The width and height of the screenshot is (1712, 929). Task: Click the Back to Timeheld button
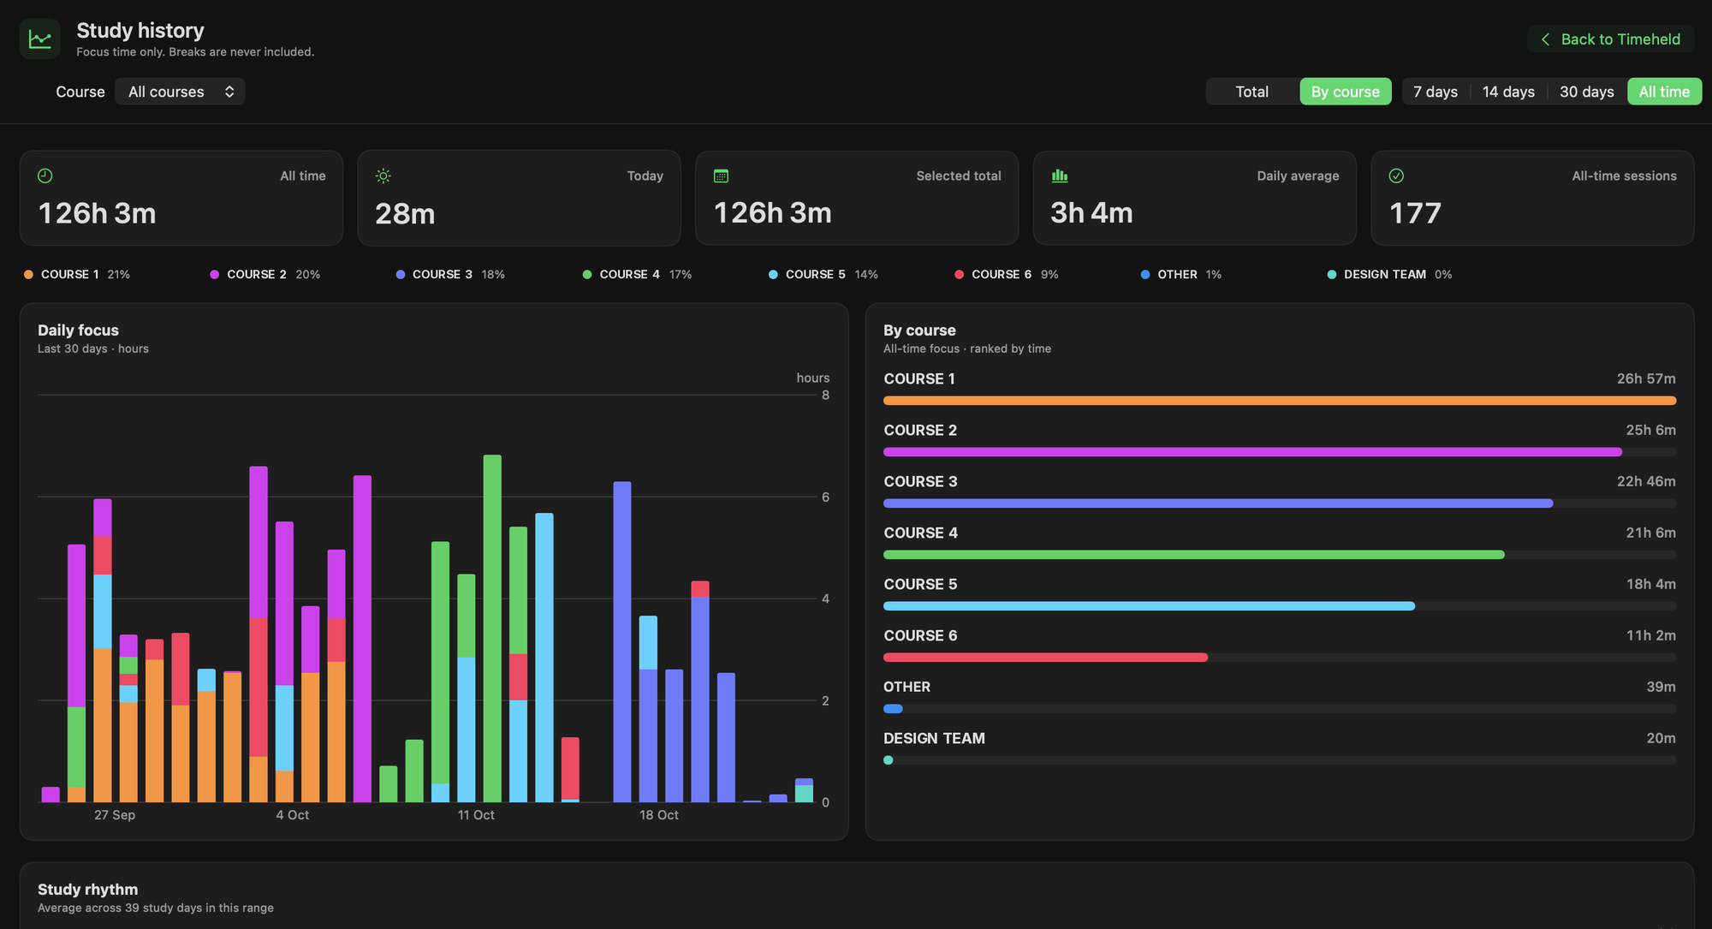tap(1610, 39)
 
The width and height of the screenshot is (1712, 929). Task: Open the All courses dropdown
tap(180, 92)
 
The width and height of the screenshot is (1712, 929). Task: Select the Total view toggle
tap(1251, 92)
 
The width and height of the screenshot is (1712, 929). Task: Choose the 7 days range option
tap(1435, 92)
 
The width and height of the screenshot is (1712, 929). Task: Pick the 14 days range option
tap(1508, 92)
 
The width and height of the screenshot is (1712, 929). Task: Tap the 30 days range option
tap(1586, 92)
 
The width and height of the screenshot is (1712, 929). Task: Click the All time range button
tap(1664, 92)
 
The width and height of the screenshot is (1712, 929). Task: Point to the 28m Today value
tap(405, 214)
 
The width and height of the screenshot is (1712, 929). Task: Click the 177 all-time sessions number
tap(1415, 214)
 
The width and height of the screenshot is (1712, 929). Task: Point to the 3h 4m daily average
tap(1091, 213)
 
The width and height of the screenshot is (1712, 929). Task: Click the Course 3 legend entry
tap(450, 275)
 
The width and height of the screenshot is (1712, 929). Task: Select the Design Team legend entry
tap(1389, 275)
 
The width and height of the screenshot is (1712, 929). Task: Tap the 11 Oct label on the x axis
tap(476, 815)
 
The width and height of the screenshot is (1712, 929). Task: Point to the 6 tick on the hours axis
tap(825, 497)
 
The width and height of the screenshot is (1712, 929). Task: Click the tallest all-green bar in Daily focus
tap(492, 628)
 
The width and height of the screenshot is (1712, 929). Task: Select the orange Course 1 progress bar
tap(1280, 401)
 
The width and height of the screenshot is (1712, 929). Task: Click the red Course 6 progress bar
tap(1045, 658)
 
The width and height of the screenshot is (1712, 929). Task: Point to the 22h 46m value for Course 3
tap(1646, 481)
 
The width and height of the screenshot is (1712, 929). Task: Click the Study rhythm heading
tap(87, 890)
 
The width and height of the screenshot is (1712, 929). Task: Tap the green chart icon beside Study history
tap(40, 39)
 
